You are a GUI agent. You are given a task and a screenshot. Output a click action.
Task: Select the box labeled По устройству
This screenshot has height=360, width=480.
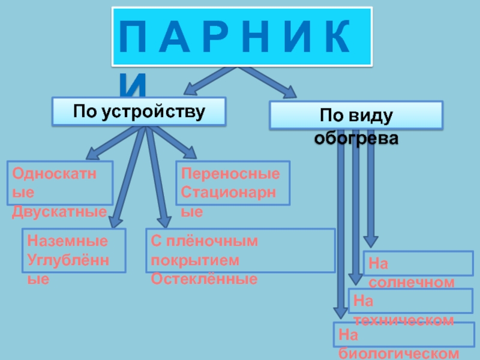139,112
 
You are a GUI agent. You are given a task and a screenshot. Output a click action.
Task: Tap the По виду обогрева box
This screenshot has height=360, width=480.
356,115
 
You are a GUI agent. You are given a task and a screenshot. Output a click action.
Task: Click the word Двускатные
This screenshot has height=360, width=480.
59,212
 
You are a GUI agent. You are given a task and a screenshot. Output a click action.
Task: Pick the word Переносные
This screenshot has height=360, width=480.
231,175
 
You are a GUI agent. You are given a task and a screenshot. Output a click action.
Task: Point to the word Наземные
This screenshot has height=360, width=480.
68,241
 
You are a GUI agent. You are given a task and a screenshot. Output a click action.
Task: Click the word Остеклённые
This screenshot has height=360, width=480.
204,278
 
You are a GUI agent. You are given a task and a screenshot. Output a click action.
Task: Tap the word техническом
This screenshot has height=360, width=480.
403,320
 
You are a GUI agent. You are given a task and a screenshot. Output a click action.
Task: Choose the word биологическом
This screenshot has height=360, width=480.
399,353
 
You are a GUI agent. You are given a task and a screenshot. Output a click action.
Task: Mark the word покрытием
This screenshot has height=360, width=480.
195,260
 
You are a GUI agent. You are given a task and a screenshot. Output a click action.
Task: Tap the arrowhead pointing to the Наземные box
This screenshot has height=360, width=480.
115,220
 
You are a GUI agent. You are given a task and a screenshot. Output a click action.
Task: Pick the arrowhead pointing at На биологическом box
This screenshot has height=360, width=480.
340,310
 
